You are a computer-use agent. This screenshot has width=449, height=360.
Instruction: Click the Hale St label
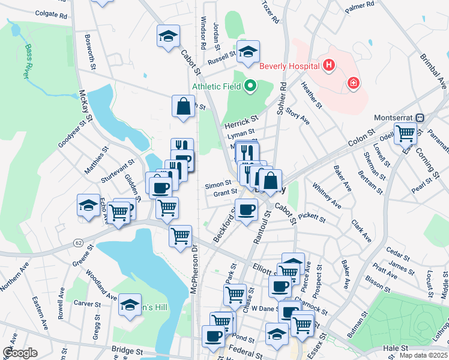click(395, 348)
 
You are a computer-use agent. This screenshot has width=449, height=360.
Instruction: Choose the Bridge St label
click(127, 349)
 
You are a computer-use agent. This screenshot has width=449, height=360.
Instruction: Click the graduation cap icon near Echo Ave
click(88, 205)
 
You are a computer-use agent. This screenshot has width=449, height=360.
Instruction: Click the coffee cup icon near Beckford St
click(247, 210)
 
